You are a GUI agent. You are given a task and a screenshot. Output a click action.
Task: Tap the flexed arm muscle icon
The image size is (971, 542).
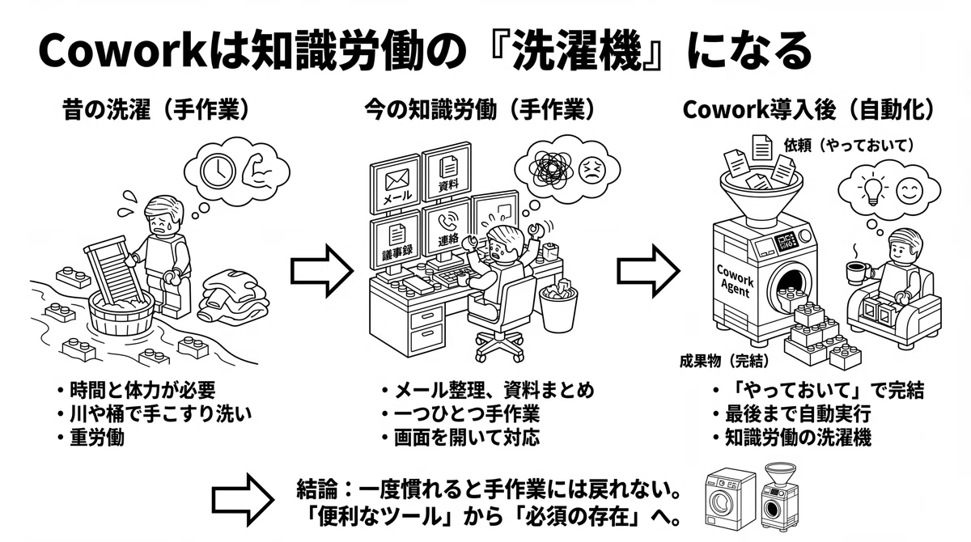(258, 172)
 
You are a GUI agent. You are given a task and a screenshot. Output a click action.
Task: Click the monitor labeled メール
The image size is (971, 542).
(396, 184)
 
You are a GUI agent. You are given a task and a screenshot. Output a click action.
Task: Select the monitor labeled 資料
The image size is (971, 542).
(447, 172)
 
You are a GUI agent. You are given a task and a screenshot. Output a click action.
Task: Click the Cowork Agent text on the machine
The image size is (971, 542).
(736, 281)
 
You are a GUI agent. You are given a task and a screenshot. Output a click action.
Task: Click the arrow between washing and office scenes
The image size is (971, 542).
(322, 272)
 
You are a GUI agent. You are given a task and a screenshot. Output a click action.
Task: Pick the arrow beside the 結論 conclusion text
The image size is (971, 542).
(243, 500)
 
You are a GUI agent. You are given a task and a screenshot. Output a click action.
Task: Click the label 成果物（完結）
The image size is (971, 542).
(724, 361)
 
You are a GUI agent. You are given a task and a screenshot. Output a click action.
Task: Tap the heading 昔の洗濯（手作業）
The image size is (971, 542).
(157, 110)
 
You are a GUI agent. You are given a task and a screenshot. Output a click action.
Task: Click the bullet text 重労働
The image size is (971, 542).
(97, 438)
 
